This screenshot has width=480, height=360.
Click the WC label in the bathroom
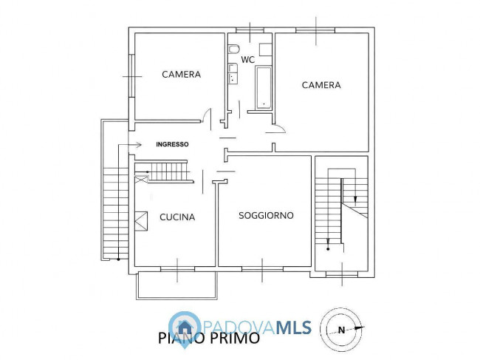click(x=247, y=59)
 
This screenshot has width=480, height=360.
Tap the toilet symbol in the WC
click(x=233, y=50)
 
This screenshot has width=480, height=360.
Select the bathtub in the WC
click(x=264, y=88)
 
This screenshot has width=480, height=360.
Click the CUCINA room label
click(x=177, y=217)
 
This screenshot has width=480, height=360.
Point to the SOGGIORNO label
click(x=266, y=215)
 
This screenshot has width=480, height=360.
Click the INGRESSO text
click(x=172, y=144)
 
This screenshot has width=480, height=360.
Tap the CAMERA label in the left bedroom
click(x=181, y=74)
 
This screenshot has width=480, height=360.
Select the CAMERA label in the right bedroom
click(x=321, y=85)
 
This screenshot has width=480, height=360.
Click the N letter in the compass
click(x=342, y=330)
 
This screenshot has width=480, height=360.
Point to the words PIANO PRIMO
click(x=209, y=339)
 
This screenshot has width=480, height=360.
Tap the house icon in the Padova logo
click(x=185, y=327)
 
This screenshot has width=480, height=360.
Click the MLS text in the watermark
click(x=294, y=327)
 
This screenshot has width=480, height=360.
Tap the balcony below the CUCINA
click(x=176, y=285)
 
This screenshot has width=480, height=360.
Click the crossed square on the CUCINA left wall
click(x=141, y=221)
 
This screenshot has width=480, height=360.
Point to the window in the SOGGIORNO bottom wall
click(x=262, y=269)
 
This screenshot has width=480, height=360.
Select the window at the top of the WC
click(x=250, y=30)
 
